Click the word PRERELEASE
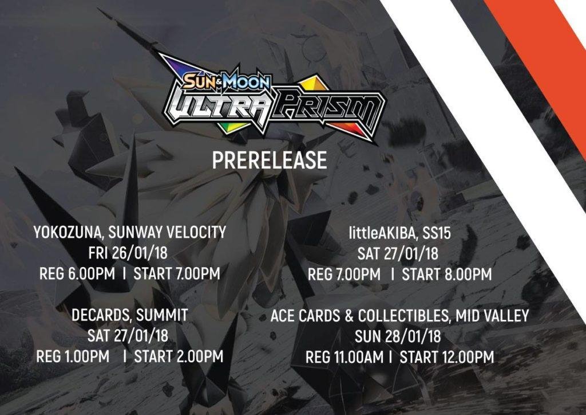click(270, 160)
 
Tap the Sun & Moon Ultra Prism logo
click(272, 99)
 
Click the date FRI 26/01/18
click(128, 253)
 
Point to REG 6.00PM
click(77, 273)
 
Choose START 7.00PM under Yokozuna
click(177, 273)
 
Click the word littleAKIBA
click(382, 233)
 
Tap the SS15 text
click(437, 233)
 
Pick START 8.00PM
click(446, 275)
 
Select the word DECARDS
click(101, 315)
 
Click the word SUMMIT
click(162, 315)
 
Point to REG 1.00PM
click(73, 357)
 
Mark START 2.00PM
click(179, 357)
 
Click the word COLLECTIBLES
click(403, 316)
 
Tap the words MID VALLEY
click(492, 316)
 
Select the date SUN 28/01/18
click(398, 336)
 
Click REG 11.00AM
click(344, 357)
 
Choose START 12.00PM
click(447, 357)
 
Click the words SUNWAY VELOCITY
click(167, 232)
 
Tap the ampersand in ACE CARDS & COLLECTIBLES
click(349, 316)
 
